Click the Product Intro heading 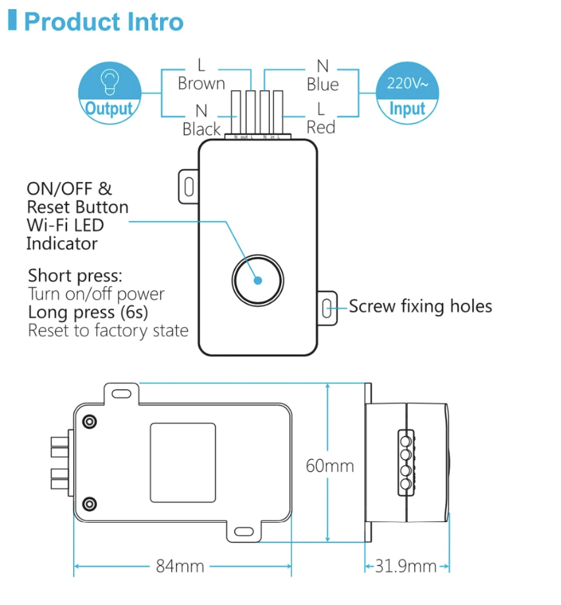tap(103, 22)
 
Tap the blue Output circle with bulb tap(109, 93)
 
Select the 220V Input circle tap(407, 93)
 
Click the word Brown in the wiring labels tap(201, 84)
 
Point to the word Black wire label tap(201, 129)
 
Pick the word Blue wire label tap(323, 84)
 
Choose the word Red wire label tap(321, 127)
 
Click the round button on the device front tap(257, 279)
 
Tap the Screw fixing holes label tap(420, 306)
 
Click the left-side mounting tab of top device tap(188, 186)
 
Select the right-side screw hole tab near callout tap(327, 307)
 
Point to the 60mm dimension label tap(330, 466)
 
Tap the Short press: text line tap(75, 275)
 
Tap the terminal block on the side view tap(406, 462)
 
